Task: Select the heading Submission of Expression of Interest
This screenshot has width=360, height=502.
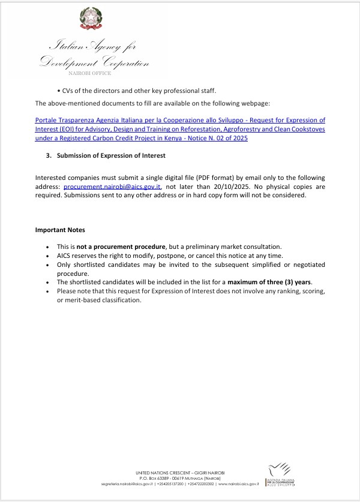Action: point(111,156)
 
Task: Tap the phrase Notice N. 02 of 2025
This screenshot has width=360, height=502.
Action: point(218,139)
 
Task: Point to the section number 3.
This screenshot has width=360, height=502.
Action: point(48,156)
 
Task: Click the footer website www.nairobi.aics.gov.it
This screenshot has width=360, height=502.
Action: point(238,483)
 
